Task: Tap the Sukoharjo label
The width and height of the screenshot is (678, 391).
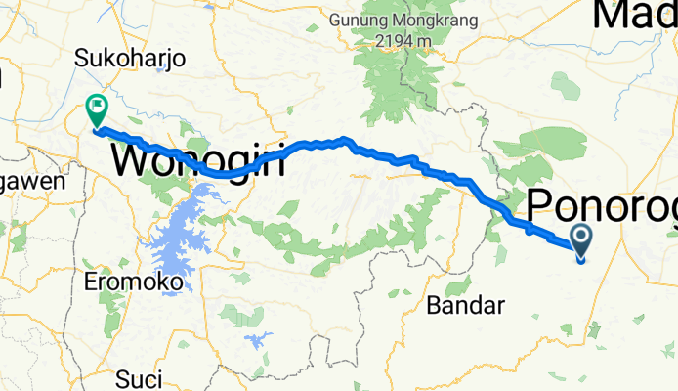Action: click(x=131, y=60)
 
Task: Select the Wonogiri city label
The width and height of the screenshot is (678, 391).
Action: click(x=199, y=159)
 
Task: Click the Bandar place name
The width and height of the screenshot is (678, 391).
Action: click(x=466, y=306)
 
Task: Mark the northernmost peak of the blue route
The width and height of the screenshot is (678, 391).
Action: click(x=344, y=139)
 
